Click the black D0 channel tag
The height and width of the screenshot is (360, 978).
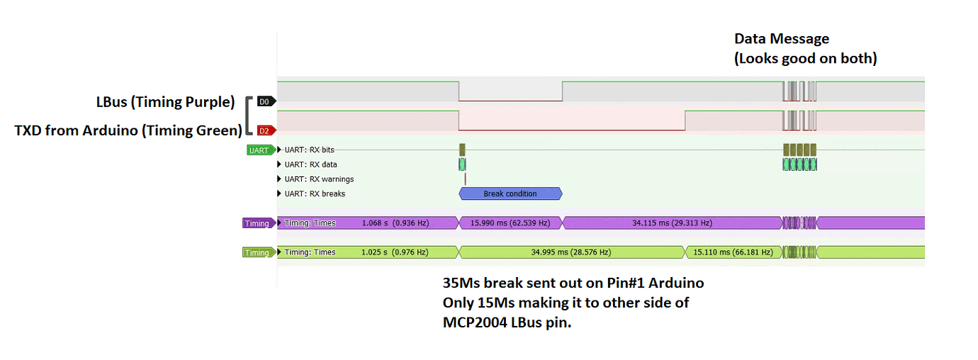point(266,101)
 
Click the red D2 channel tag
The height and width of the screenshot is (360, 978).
point(266,130)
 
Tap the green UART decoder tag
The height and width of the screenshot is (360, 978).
point(261,150)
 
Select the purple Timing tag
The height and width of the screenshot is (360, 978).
point(259,223)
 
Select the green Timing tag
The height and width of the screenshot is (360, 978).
point(259,252)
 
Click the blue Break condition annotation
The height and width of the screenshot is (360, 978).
point(510,193)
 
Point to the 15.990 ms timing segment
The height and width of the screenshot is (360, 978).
point(510,223)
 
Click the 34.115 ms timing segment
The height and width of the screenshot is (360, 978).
point(673,223)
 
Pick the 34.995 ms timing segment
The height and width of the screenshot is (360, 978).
point(571,252)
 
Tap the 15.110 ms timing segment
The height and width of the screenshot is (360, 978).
point(733,252)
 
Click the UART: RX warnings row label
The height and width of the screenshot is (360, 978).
point(319,179)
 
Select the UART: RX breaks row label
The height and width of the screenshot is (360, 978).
point(315,193)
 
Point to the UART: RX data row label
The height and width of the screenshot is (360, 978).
point(311,164)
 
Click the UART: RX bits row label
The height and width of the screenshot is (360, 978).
point(310,150)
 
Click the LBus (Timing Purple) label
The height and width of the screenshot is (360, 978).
point(165,102)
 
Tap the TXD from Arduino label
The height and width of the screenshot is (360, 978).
point(128,130)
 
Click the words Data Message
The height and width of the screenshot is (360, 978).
point(782,38)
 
